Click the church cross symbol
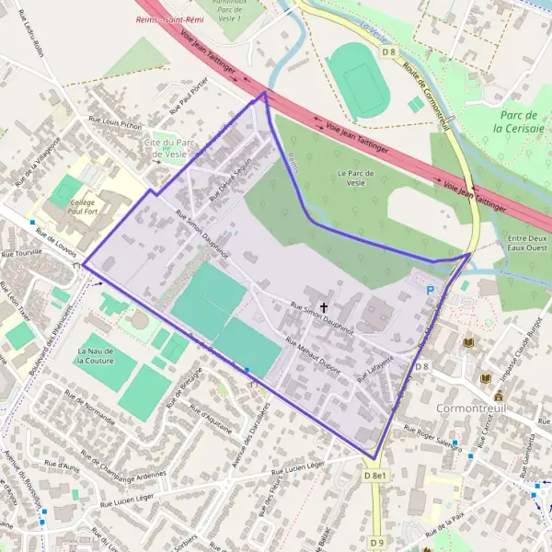pos(324,305)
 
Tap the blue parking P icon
pos(429,290)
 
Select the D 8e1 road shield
pos(375,476)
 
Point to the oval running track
pos(360,77)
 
